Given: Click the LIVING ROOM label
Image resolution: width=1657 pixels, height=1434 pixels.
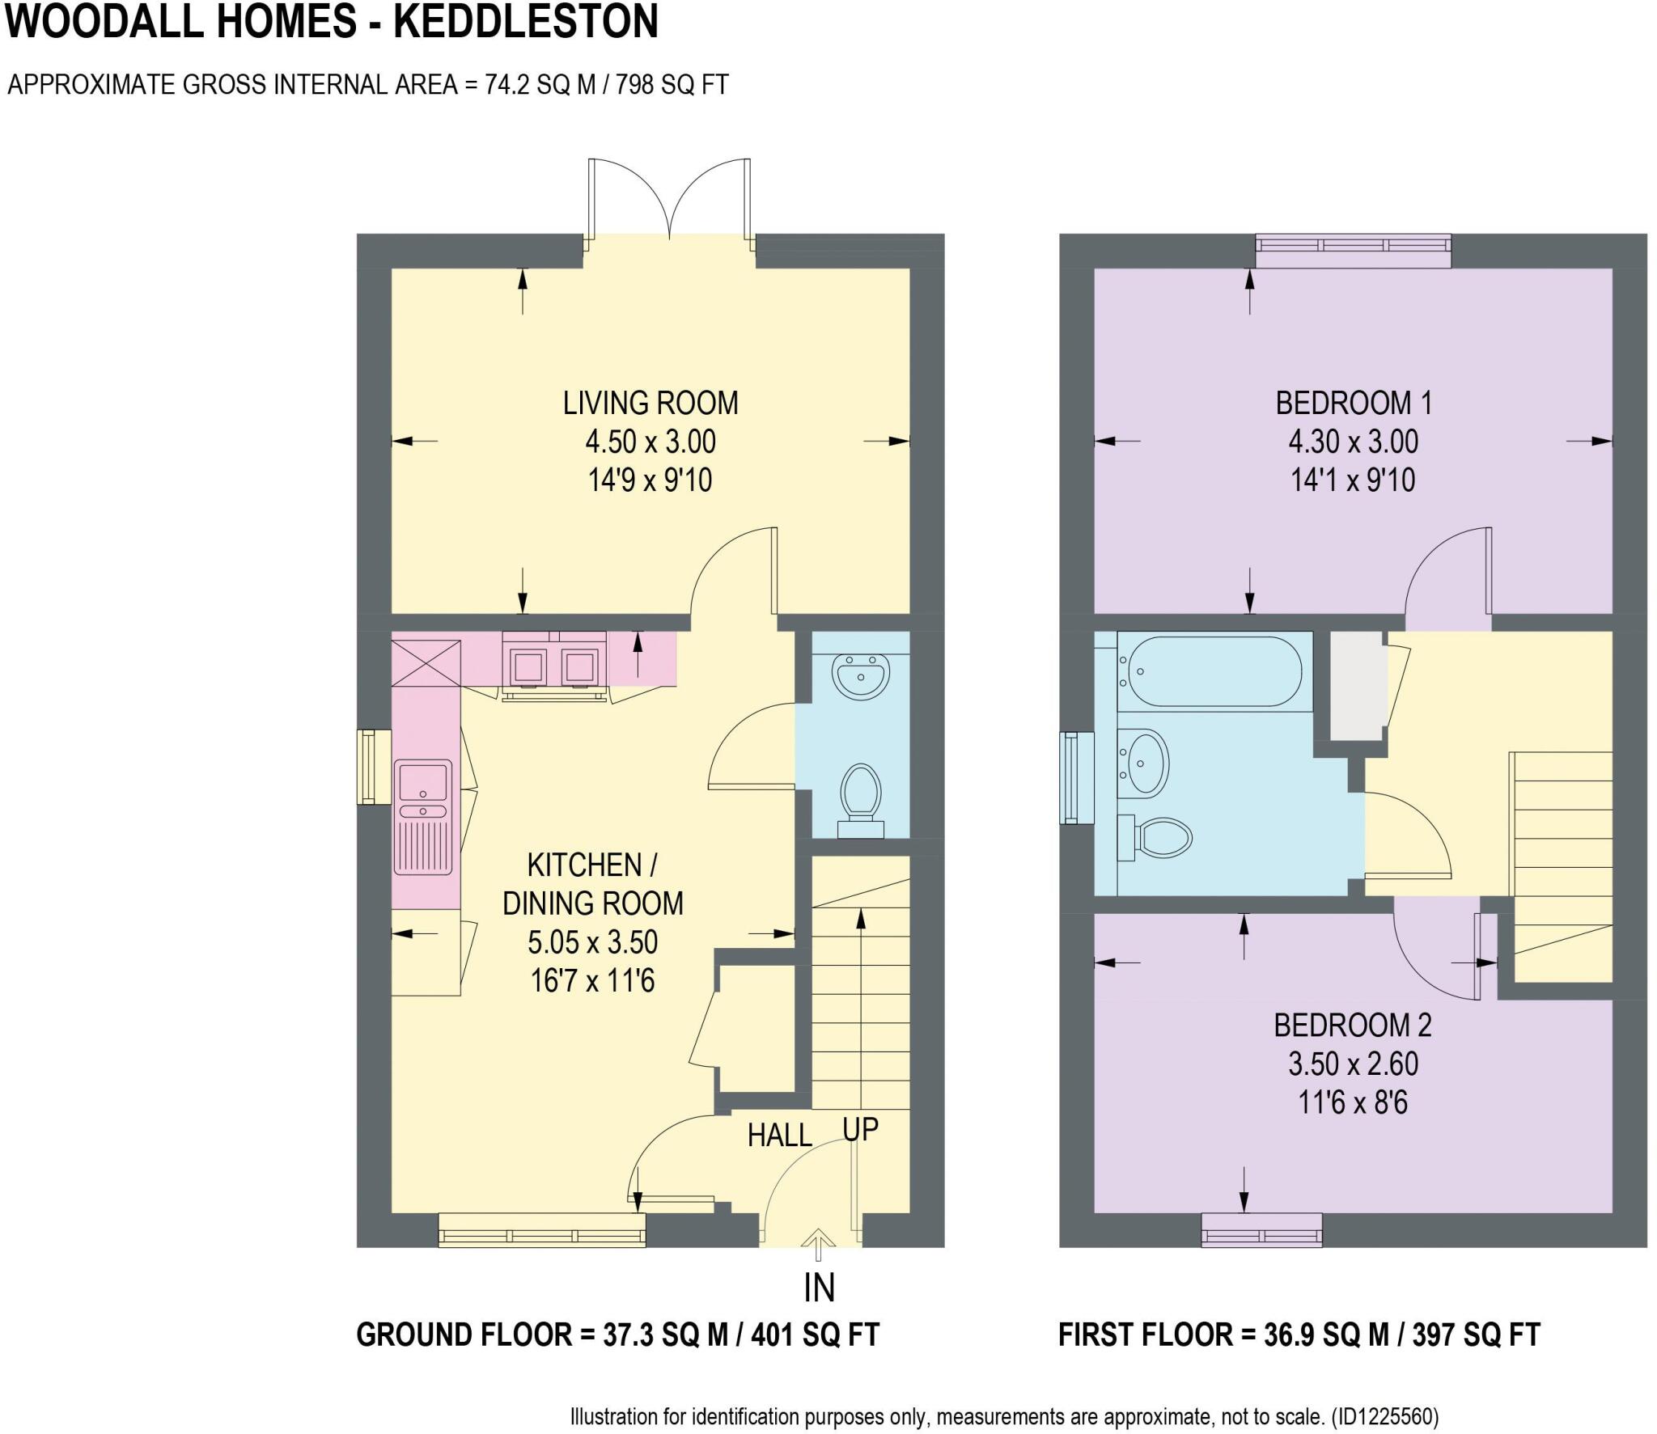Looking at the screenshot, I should point(651,403).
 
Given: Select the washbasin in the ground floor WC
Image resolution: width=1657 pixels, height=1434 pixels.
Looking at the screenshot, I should point(861,675).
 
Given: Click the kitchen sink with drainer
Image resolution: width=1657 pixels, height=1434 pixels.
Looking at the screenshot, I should point(422,816).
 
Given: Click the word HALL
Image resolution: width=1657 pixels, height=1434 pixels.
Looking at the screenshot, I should point(779,1136).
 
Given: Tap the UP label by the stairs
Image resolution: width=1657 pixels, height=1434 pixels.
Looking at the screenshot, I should point(860,1129).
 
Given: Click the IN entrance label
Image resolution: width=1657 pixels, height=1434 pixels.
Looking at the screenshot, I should point(819,1288).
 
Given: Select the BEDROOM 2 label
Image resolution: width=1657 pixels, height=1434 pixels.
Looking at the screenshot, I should point(1353,1026).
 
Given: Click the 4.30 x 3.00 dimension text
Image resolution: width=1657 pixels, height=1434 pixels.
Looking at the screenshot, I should point(1353,442).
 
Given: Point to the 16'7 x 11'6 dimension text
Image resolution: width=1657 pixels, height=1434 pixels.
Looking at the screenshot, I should point(592,981).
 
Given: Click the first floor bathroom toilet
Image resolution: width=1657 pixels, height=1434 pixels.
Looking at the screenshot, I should point(1157,836).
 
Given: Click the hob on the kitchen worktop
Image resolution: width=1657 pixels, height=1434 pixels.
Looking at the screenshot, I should point(554,666).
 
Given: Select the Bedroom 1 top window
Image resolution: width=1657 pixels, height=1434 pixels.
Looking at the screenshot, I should point(1353,250).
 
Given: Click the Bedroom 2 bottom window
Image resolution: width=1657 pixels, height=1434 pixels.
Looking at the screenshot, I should point(1261,1229).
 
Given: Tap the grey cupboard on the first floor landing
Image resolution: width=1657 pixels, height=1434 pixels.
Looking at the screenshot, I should point(1357,685).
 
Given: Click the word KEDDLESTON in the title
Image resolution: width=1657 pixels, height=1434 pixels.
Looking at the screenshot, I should point(526,22).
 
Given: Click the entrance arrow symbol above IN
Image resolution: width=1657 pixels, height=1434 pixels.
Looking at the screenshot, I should point(819,1244).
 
